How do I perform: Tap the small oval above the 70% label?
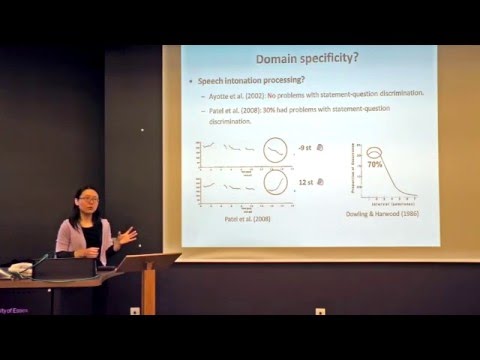[x=375, y=153]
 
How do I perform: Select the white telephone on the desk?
[x=18, y=270]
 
